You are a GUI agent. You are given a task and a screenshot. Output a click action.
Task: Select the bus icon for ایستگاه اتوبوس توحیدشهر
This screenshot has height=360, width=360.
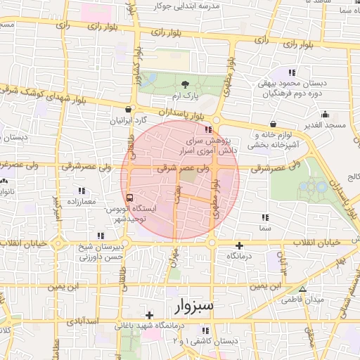pos(129,197)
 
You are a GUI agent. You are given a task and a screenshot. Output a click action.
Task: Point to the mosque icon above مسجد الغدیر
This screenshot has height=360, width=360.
pos(325,115)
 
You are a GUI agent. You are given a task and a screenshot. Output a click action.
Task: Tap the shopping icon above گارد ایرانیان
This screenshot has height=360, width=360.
pos(127,109)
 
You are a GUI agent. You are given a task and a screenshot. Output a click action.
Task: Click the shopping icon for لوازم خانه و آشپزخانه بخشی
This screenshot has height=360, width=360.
pos(273,124)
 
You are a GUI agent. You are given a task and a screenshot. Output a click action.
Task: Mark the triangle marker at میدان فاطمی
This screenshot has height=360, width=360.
pos(303,289)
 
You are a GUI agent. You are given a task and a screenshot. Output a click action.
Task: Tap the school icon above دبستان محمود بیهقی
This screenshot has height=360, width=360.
pos(292,73)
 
